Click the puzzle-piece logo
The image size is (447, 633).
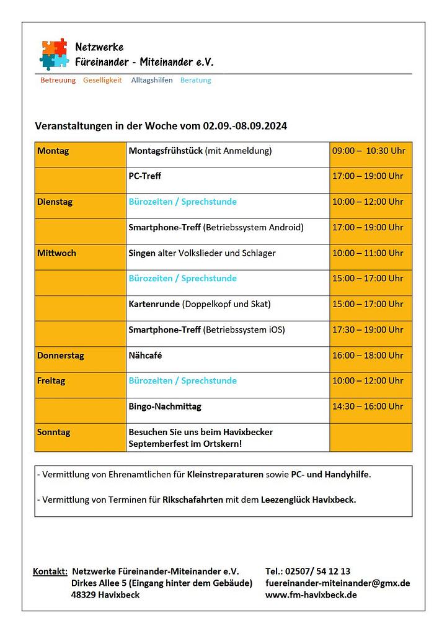tap(54, 54)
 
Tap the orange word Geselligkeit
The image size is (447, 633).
tap(102, 80)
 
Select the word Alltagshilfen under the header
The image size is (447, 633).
tap(152, 80)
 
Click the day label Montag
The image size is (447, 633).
tap(53, 151)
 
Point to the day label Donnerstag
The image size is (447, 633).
tap(60, 356)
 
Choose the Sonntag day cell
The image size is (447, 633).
tap(54, 432)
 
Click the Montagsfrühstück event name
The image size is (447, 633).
tap(166, 151)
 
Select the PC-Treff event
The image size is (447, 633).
tap(145, 176)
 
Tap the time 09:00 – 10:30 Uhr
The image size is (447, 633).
tap(368, 151)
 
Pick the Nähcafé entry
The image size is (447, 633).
tap(145, 356)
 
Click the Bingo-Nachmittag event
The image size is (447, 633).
tap(165, 406)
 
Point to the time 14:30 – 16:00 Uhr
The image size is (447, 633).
tap(368, 406)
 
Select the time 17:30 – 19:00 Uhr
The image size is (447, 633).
tap(368, 330)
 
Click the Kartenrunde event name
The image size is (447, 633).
tap(154, 304)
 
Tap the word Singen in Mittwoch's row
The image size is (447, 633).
tap(142, 253)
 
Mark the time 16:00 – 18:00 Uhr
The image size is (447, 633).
tap(368, 356)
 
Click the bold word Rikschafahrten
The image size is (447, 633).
tap(193, 499)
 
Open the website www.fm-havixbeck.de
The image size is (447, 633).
tap(311, 595)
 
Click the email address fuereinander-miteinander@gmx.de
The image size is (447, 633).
tap(337, 583)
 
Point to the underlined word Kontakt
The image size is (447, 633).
tap(50, 571)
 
